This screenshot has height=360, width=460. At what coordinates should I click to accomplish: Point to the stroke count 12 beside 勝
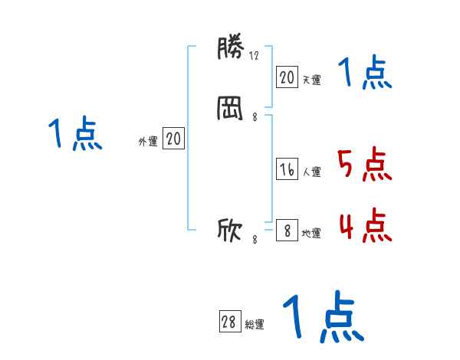coord(255,55)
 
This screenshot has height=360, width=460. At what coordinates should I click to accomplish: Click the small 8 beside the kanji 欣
coord(255,240)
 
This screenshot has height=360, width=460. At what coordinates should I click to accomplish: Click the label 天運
coord(311,78)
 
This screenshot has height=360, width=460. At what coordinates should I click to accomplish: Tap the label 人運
coord(311,172)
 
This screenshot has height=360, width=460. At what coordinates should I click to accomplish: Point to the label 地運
coord(311,233)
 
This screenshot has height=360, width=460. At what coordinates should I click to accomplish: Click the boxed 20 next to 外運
coord(173,139)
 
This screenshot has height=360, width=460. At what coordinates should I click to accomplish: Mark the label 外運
coord(148,141)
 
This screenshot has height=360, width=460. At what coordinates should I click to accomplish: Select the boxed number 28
coord(228,322)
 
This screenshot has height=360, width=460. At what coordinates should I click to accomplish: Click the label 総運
coord(255,324)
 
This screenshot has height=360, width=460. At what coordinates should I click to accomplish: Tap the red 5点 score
coord(364,165)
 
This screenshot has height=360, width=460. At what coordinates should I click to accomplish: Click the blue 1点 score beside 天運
coord(366,74)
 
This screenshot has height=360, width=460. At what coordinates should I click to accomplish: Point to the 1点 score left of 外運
coord(76,135)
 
